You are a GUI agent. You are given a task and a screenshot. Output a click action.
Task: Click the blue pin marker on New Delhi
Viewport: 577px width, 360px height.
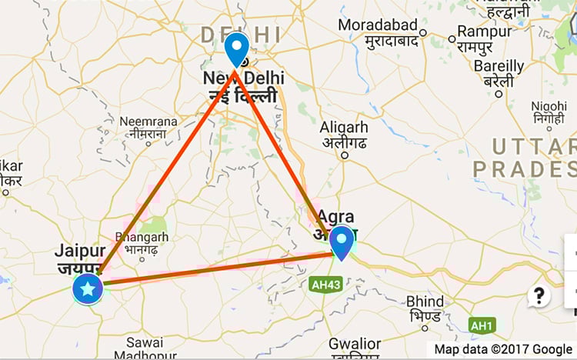[237, 48]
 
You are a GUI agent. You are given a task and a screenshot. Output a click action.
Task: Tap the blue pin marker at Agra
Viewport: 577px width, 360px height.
[342, 241]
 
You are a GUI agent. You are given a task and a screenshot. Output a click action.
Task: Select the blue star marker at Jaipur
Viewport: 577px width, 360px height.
[88, 289]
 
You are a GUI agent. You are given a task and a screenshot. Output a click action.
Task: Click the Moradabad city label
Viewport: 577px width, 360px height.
[378, 25]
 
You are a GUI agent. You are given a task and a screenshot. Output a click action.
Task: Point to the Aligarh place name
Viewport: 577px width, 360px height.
[344, 127]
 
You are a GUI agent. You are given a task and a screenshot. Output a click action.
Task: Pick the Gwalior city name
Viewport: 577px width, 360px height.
[355, 343]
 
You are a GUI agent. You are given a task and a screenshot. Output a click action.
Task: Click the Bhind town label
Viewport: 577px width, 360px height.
[425, 301]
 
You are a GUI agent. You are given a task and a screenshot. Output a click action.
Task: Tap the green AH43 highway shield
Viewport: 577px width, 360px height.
[325, 285]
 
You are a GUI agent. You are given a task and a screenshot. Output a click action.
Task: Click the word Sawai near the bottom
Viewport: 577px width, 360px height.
[145, 342]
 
